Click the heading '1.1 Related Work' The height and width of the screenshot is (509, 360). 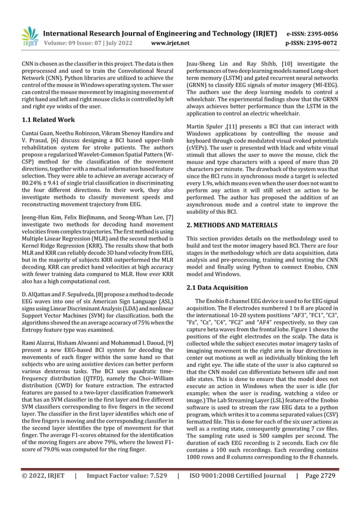(48, 120)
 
